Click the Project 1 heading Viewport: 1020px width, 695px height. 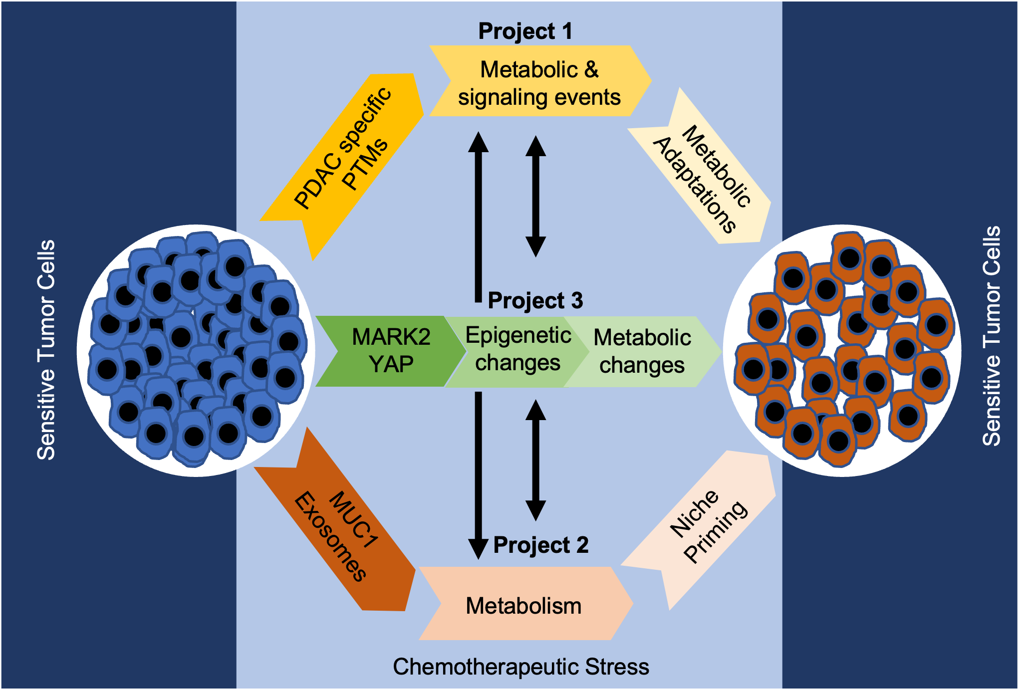tap(525, 31)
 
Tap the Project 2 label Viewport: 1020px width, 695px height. tap(541, 545)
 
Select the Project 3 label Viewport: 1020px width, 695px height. tap(535, 300)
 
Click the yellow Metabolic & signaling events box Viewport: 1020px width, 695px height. tap(539, 82)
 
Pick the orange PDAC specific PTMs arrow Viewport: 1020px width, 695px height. tap(344, 160)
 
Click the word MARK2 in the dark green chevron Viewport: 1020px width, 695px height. tap(391, 337)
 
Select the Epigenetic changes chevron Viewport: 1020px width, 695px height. tap(517, 349)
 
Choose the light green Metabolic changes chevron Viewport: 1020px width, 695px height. tap(642, 351)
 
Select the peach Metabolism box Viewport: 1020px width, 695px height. tap(524, 605)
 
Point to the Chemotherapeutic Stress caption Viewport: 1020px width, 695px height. tap(520, 667)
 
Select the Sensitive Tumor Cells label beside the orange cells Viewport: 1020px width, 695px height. tap(991, 336)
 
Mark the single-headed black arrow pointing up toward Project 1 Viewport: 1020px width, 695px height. tap(478, 215)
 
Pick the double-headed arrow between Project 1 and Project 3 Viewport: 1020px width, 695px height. tap(535, 196)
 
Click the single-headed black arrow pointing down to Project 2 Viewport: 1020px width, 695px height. tap(478, 474)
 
